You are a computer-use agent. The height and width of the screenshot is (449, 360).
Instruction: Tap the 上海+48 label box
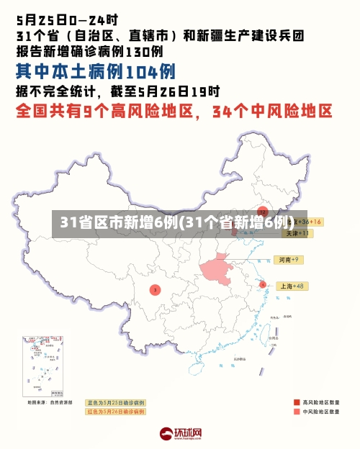tap(292, 286)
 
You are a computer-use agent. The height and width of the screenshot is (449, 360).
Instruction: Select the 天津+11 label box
tap(296, 233)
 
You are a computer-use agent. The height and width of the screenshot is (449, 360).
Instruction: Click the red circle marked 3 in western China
tap(154, 289)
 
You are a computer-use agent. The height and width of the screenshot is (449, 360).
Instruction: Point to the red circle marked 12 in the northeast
tap(263, 212)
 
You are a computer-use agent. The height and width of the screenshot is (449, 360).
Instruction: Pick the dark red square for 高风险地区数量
tap(297, 402)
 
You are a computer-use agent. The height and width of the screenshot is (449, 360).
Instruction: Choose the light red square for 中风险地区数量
tap(297, 412)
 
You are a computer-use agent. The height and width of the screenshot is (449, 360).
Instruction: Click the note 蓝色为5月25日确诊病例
tap(115, 402)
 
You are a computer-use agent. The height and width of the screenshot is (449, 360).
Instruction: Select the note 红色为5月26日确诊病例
tap(115, 412)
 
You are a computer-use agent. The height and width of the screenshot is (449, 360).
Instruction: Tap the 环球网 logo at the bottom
tap(180, 434)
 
